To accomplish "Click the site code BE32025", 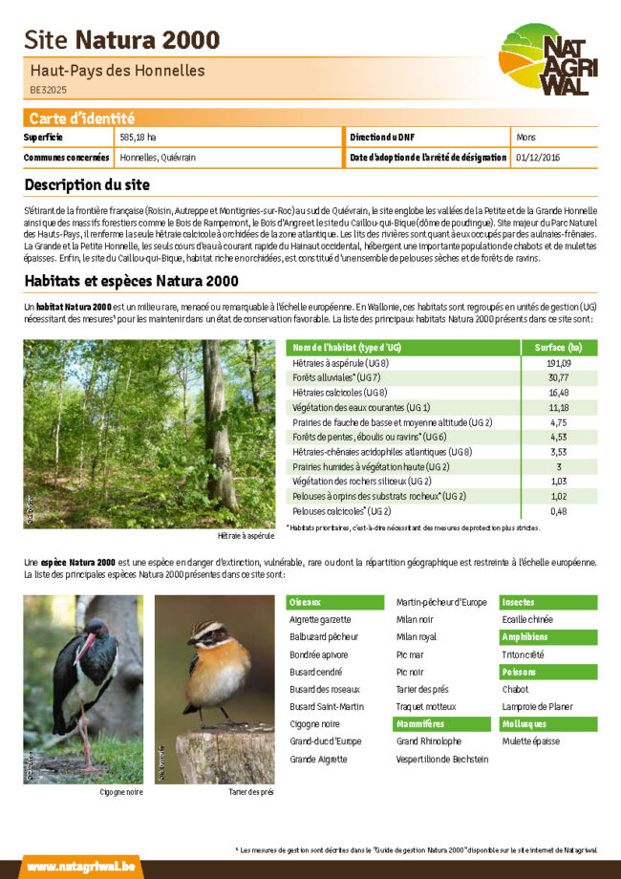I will (x=48, y=90).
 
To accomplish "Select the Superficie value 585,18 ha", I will (x=139, y=138).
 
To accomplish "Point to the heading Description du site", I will (x=87, y=184).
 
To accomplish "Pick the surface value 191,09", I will (x=559, y=363).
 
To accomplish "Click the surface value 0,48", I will (x=559, y=511).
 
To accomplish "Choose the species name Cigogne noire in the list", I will (x=313, y=724).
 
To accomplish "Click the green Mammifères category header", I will (x=420, y=724).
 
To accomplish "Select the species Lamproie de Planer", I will (x=537, y=707).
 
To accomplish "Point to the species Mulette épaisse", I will (x=530, y=741).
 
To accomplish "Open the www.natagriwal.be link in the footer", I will (x=66, y=867).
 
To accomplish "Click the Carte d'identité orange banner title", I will (x=82, y=118).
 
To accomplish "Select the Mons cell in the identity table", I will (x=525, y=138).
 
